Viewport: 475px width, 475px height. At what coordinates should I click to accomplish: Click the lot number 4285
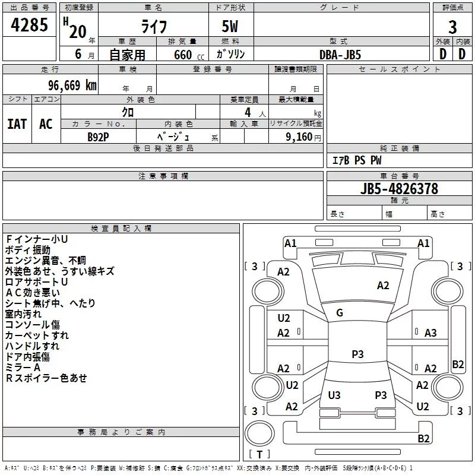[x=30, y=26]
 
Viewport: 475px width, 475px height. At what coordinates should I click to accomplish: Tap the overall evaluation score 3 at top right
[x=452, y=27]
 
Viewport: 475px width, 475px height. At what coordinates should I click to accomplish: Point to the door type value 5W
[x=231, y=27]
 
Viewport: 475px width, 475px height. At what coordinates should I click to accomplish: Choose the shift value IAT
[x=17, y=123]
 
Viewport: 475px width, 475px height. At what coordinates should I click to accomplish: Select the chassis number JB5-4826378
[x=399, y=189]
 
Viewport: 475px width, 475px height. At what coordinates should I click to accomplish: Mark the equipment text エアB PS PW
[x=356, y=160]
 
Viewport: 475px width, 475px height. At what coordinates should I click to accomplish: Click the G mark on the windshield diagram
[x=340, y=313]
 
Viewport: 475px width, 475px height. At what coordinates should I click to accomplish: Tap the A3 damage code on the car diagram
[x=430, y=333]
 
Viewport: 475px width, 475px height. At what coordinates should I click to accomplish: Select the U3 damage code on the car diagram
[x=334, y=395]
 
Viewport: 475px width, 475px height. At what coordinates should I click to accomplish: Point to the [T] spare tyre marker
[x=259, y=455]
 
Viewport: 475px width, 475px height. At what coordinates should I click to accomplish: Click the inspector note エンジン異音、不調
[x=45, y=260]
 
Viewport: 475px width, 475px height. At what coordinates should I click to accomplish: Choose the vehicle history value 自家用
[x=127, y=55]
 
